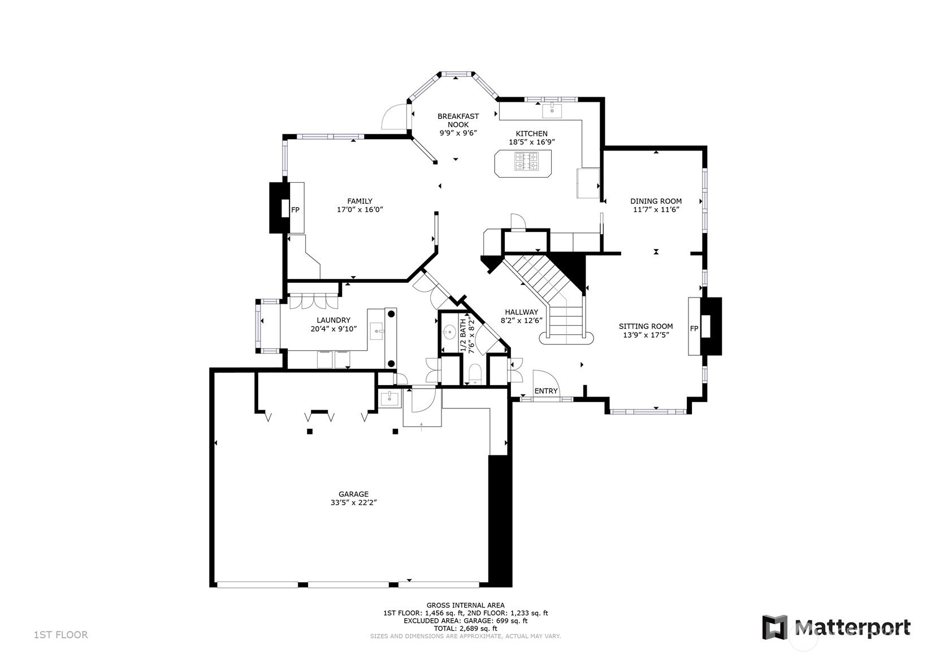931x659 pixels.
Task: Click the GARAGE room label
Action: [353, 494]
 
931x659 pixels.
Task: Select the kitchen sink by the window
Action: [552, 111]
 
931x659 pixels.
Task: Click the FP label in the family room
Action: [295, 210]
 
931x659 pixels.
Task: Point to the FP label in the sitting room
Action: [694, 329]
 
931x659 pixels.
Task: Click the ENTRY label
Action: [545, 391]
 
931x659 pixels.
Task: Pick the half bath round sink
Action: [449, 332]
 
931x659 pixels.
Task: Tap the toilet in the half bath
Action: [475, 373]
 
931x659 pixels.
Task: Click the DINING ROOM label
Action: [656, 201]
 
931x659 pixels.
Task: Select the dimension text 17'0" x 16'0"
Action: [360, 210]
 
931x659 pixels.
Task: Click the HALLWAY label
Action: [522, 312]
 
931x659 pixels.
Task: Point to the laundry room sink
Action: [376, 331]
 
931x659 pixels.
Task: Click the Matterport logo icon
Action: [775, 627]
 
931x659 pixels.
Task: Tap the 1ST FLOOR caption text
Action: [60, 635]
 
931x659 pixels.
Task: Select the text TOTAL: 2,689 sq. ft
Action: [466, 628]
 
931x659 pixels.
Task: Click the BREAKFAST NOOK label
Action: [458, 120]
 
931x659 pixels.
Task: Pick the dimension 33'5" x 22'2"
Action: [354, 502]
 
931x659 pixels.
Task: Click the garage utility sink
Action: [390, 399]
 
